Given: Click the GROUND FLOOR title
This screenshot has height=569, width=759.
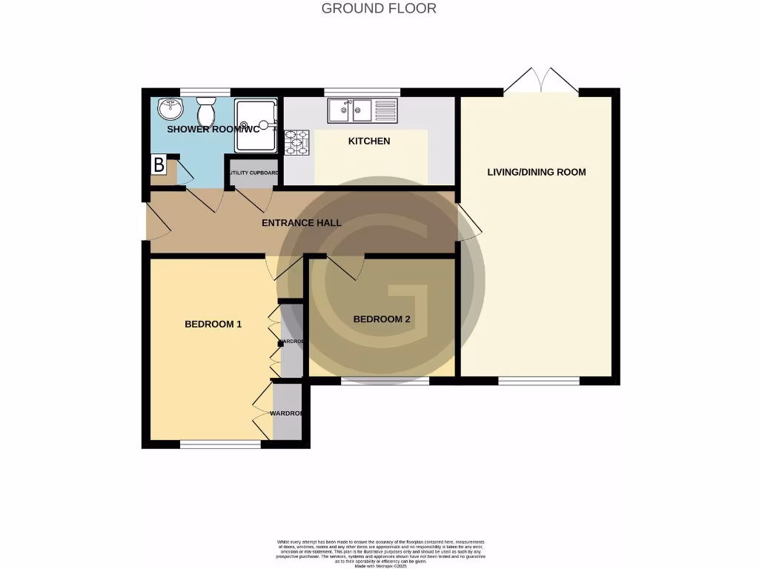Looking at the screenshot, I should (x=379, y=9).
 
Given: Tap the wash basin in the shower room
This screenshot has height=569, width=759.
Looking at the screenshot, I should (x=170, y=109).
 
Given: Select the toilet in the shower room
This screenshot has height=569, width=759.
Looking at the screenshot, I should (x=206, y=112).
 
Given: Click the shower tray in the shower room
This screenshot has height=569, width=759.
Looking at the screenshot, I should (x=255, y=126).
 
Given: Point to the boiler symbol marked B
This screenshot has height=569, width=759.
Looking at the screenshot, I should (x=159, y=164).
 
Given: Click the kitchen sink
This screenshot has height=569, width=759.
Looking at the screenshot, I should (x=351, y=111).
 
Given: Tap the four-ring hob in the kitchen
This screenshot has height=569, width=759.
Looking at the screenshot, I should (x=296, y=143).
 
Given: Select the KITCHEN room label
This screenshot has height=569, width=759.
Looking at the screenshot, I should (x=369, y=141).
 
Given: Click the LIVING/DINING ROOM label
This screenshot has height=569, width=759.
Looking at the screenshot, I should (x=536, y=172).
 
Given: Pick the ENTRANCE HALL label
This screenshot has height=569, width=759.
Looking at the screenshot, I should (x=302, y=222).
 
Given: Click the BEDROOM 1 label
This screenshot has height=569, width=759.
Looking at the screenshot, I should (x=213, y=324).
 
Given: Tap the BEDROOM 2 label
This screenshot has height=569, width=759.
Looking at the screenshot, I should (x=382, y=319).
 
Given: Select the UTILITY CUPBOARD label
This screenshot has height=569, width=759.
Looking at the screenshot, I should (x=253, y=173).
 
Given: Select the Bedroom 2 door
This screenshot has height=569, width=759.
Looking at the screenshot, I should (x=345, y=267).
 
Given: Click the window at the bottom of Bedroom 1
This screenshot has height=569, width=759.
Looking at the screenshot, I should (x=220, y=444).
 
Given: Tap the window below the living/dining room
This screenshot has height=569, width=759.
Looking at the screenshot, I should (x=538, y=381).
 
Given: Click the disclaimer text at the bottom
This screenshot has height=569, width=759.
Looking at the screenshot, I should (x=379, y=553).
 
